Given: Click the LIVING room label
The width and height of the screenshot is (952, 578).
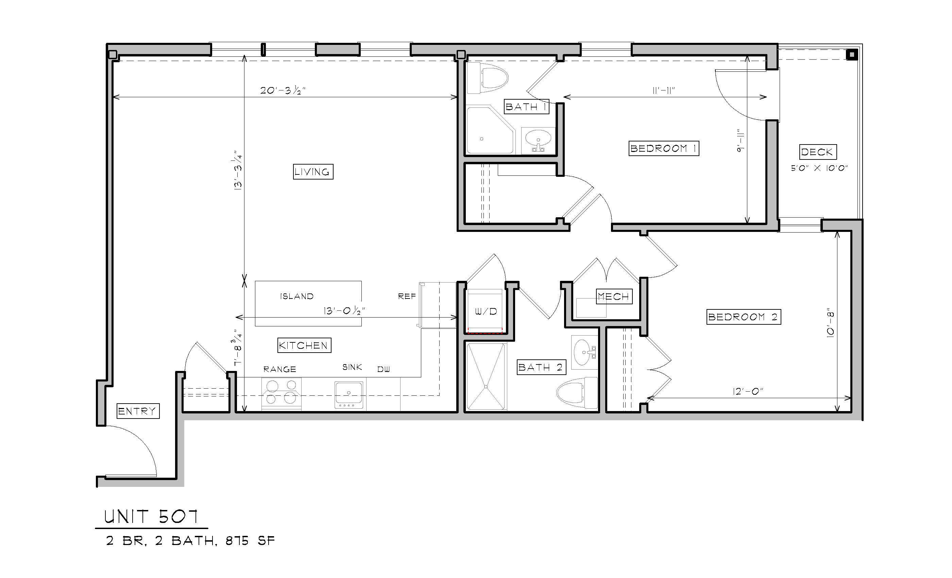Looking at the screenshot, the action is pyautogui.click(x=313, y=172).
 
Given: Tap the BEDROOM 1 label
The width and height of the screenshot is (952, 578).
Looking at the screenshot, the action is pyautogui.click(x=664, y=148).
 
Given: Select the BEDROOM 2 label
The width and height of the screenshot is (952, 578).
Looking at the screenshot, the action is pyautogui.click(x=743, y=317).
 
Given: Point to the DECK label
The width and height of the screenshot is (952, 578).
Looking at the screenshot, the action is pyautogui.click(x=817, y=152).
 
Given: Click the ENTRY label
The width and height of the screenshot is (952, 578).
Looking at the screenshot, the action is pyautogui.click(x=138, y=411).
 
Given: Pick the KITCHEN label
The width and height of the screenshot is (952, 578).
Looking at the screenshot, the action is pyautogui.click(x=304, y=345).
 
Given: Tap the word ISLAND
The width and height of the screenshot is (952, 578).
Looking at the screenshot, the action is pyautogui.click(x=297, y=296).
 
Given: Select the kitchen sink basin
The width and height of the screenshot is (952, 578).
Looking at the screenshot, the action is pyautogui.click(x=349, y=394).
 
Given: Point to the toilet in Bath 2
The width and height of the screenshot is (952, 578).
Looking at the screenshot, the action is pyautogui.click(x=577, y=393).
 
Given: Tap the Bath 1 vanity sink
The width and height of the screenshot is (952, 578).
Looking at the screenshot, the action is pyautogui.click(x=538, y=140).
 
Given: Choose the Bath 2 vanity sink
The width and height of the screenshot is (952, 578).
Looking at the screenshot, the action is pyautogui.click(x=584, y=352).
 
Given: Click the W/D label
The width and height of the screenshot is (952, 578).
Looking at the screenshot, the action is pyautogui.click(x=486, y=311).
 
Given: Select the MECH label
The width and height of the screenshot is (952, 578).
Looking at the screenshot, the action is pyautogui.click(x=614, y=296).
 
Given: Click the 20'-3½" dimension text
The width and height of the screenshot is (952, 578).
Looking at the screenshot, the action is pyautogui.click(x=283, y=90).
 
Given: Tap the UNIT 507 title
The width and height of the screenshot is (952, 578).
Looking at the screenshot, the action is pyautogui.click(x=151, y=516).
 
